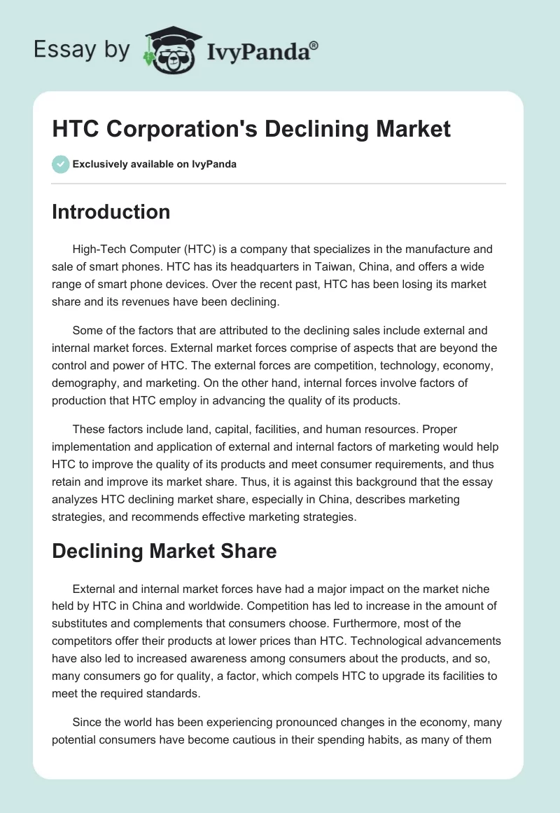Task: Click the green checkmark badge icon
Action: click(60, 164)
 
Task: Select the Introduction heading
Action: click(111, 212)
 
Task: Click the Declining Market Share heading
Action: click(164, 551)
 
